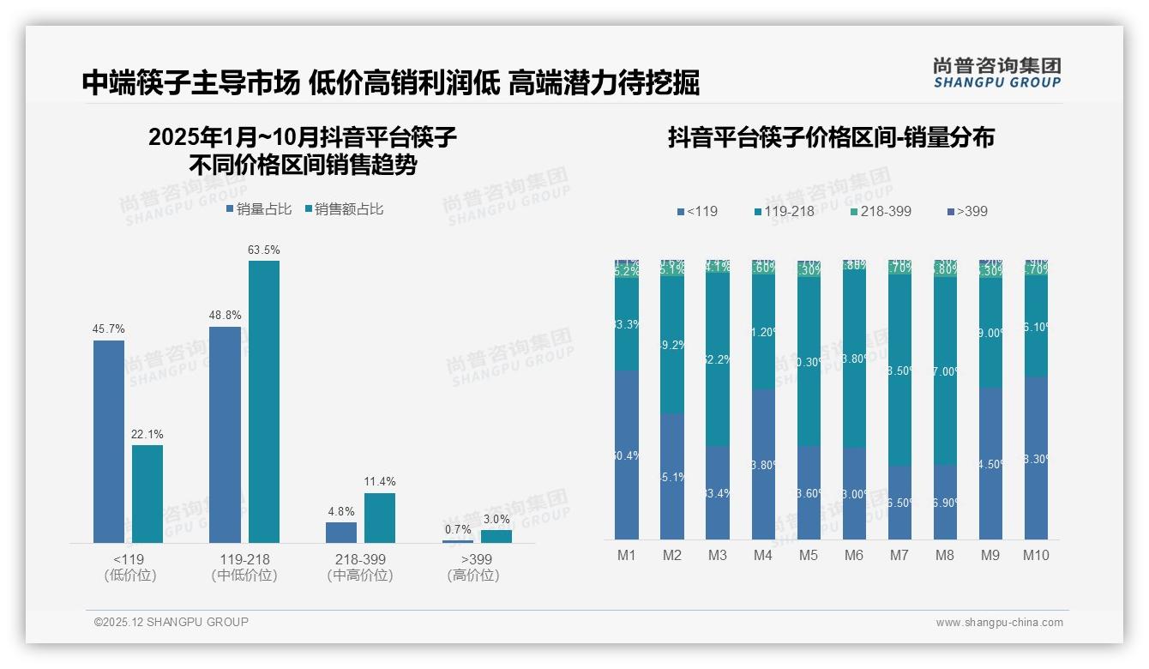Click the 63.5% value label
pyautogui.click(x=264, y=250)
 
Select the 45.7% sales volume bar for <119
pyautogui.click(x=109, y=441)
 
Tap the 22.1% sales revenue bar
pyautogui.click(x=147, y=493)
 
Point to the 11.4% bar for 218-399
pyautogui.click(x=380, y=517)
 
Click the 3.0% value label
pyautogui.click(x=496, y=519)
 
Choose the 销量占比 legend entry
pyautogui.click(x=259, y=208)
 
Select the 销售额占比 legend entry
pyautogui.click(x=344, y=208)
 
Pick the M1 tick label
pyautogui.click(x=627, y=555)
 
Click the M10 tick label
pyautogui.click(x=1036, y=555)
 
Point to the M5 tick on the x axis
pyautogui.click(x=809, y=555)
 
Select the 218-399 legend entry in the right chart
pyautogui.click(x=881, y=211)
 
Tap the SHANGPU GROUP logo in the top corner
pyautogui.click(x=996, y=72)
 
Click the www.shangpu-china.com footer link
pyautogui.click(x=999, y=623)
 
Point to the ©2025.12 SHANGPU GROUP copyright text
pyautogui.click(x=171, y=622)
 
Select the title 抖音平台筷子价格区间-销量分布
pyautogui.click(x=831, y=137)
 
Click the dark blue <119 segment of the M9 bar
pyautogui.click(x=990, y=463)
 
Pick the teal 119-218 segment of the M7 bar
pyautogui.click(x=899, y=369)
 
